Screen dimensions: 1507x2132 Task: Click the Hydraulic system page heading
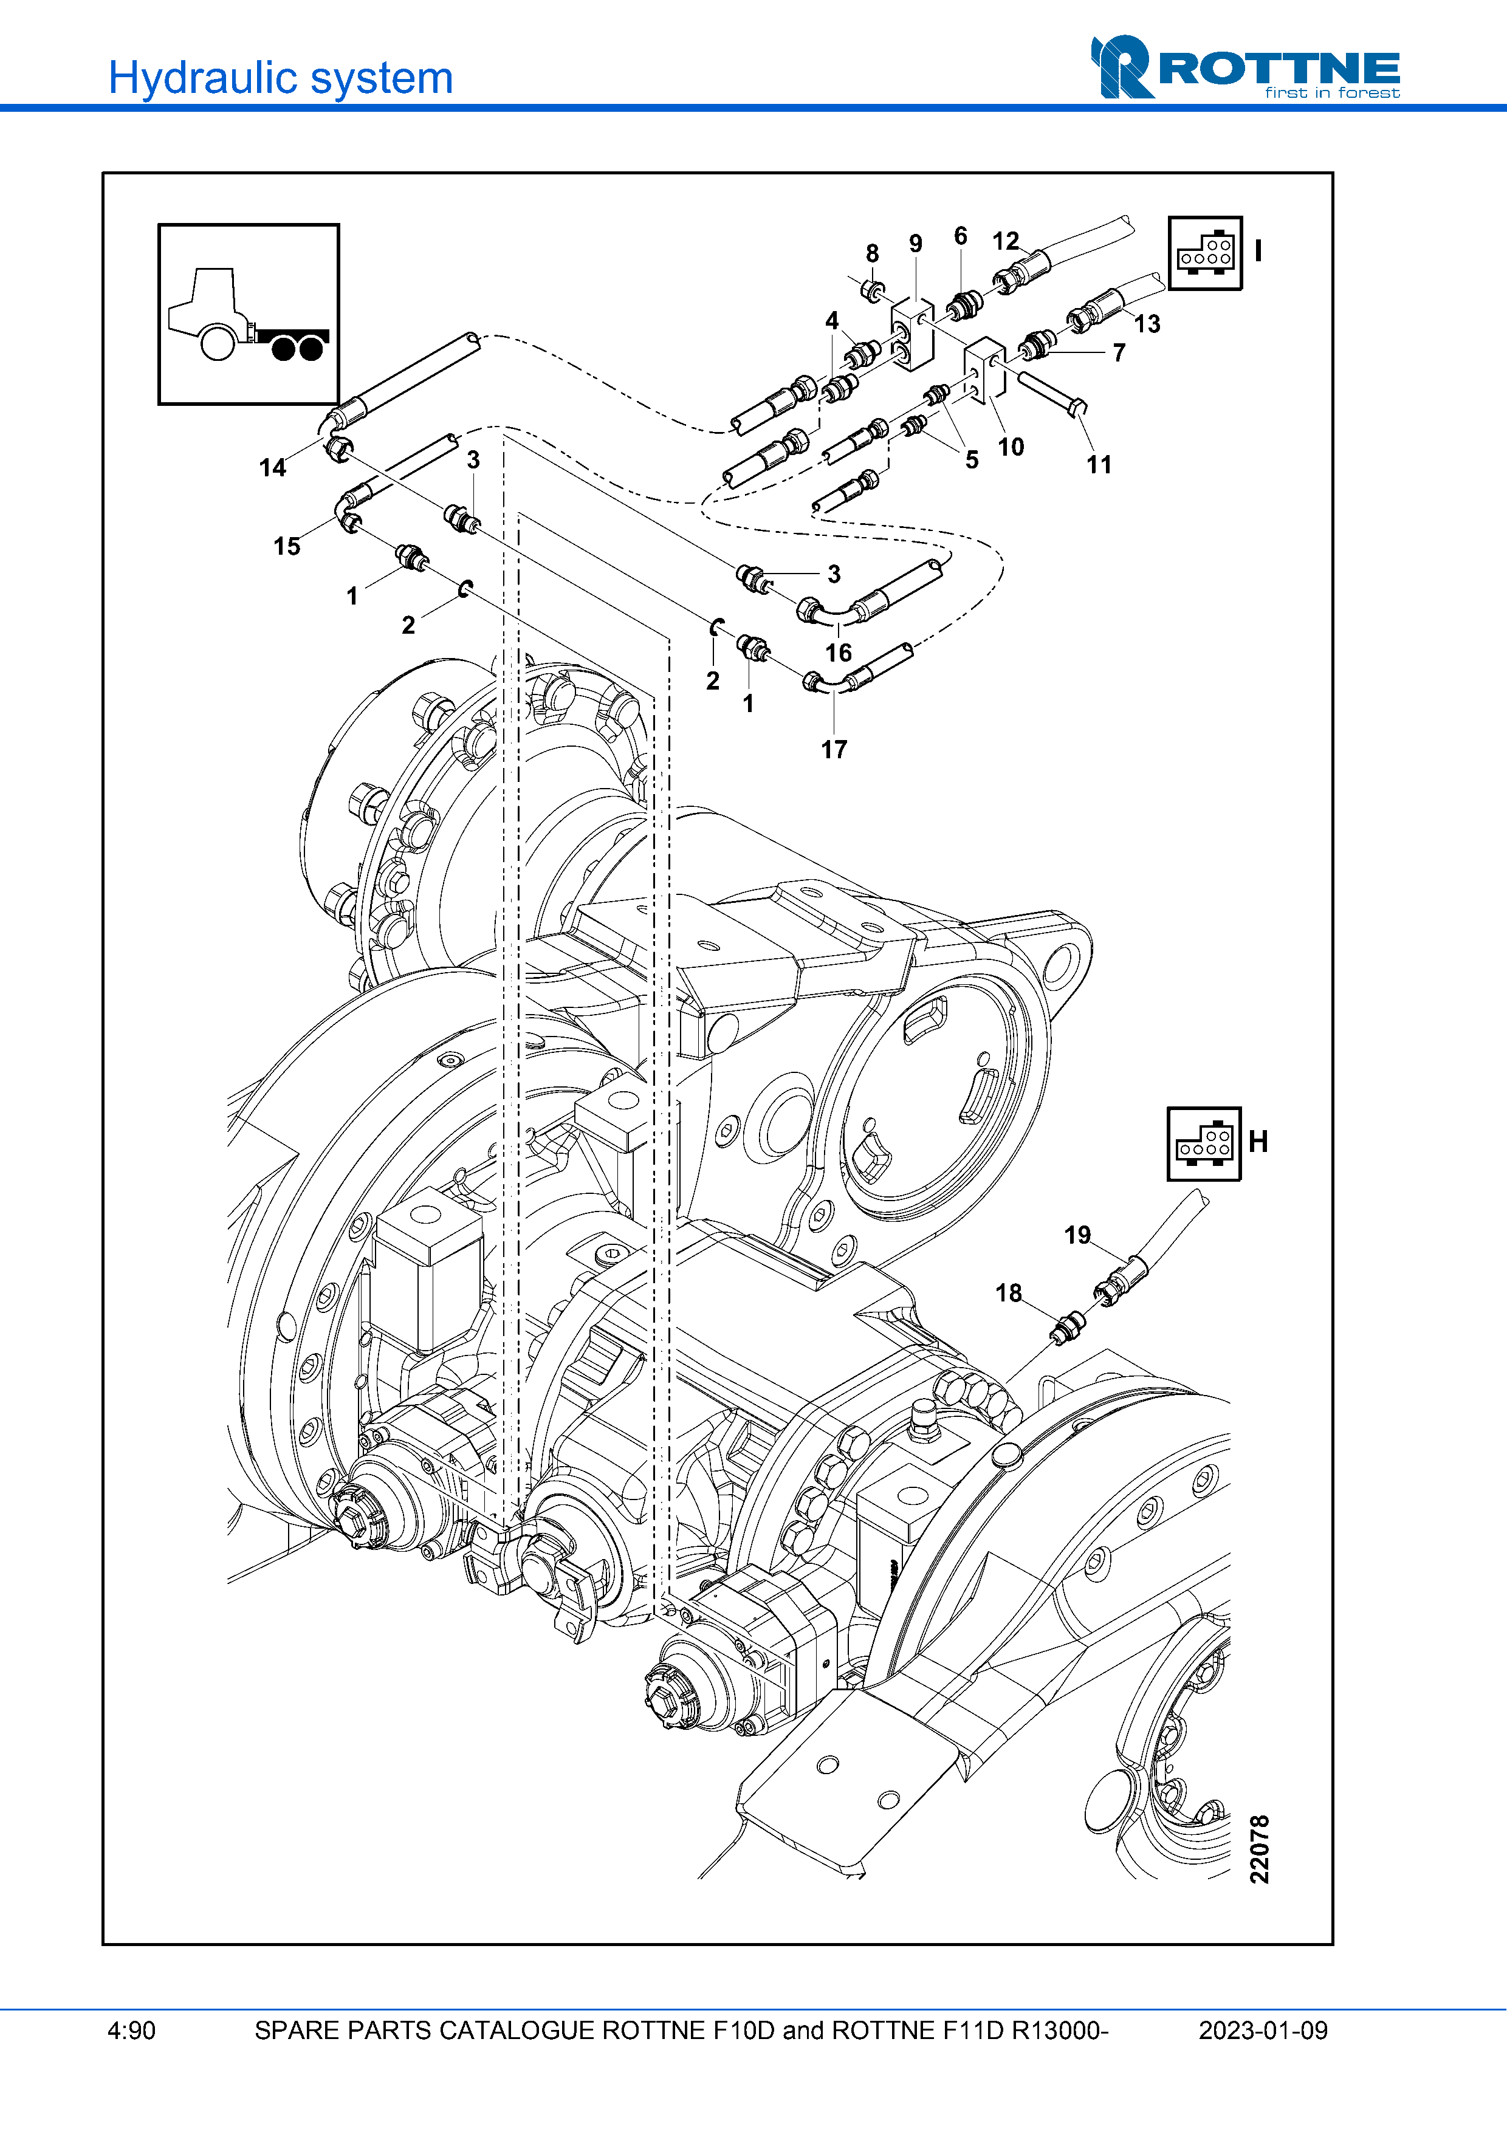(280, 78)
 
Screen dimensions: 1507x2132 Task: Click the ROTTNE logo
(1245, 67)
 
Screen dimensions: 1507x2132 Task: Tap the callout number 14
(272, 467)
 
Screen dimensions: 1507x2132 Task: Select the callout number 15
(287, 546)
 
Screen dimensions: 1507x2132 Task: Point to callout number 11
(1099, 464)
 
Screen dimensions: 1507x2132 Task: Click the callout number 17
(834, 749)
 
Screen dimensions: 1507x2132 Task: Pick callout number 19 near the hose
(1077, 1235)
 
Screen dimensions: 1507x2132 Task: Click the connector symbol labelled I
(1204, 253)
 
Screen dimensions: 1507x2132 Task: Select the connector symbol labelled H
(1203, 1144)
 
